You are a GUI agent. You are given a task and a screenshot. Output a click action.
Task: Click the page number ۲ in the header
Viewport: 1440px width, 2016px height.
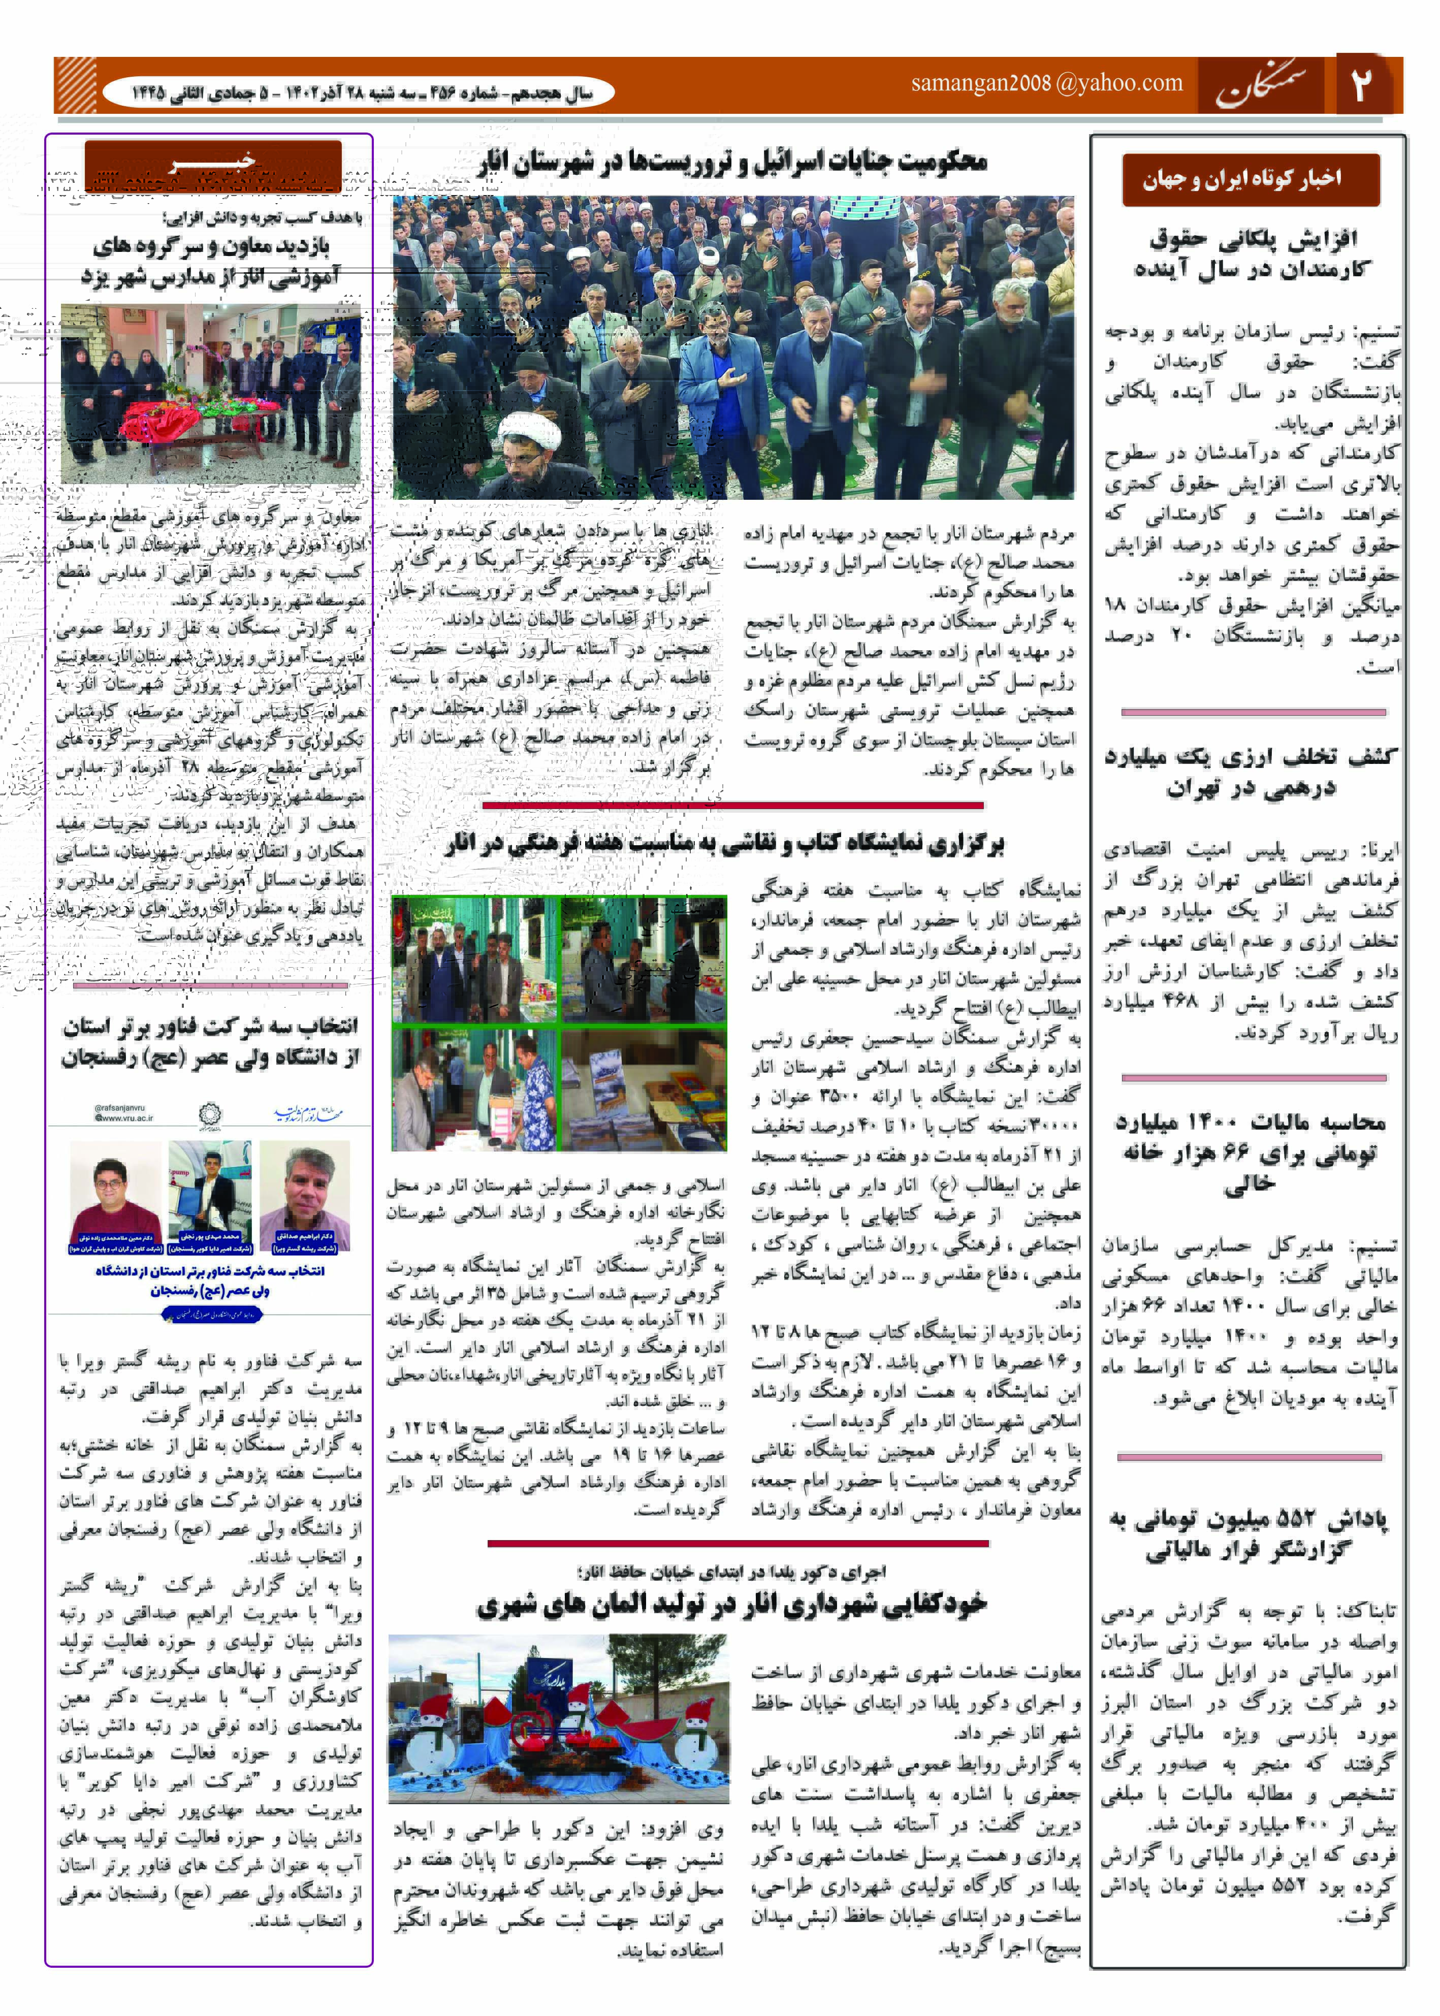(1361, 84)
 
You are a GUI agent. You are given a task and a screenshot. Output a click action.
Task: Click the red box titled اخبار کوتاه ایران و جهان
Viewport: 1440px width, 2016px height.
(1250, 179)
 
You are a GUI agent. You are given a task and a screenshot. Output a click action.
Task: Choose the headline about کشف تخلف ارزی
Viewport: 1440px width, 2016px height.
(1250, 771)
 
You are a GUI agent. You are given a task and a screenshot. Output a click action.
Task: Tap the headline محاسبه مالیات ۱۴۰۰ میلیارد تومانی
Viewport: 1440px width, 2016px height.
(1250, 1153)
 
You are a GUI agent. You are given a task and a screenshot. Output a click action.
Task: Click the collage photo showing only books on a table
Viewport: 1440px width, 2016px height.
(644, 1091)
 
